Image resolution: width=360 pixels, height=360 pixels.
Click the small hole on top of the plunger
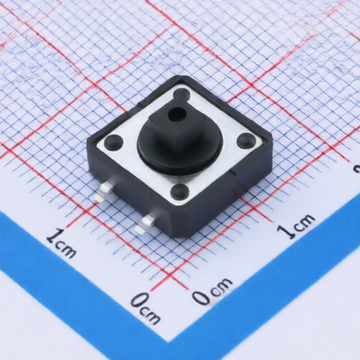click(x=177, y=114)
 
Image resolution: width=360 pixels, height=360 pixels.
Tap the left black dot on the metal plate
click(x=114, y=142)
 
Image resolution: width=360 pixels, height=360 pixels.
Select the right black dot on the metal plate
click(x=247, y=140)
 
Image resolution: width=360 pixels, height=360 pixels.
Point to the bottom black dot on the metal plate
click(x=180, y=191)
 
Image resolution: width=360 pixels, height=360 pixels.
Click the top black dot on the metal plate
click(x=182, y=94)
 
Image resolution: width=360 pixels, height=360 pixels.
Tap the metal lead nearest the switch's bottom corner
click(x=146, y=223)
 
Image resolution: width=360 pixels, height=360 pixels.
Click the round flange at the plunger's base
click(x=179, y=150)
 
